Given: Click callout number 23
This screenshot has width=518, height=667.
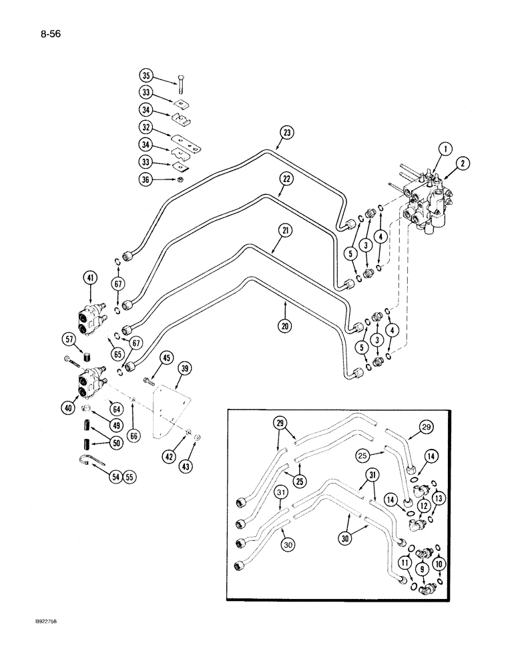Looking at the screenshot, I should pyautogui.click(x=286, y=133).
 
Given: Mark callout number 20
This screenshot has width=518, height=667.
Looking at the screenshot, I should pyautogui.click(x=286, y=309).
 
